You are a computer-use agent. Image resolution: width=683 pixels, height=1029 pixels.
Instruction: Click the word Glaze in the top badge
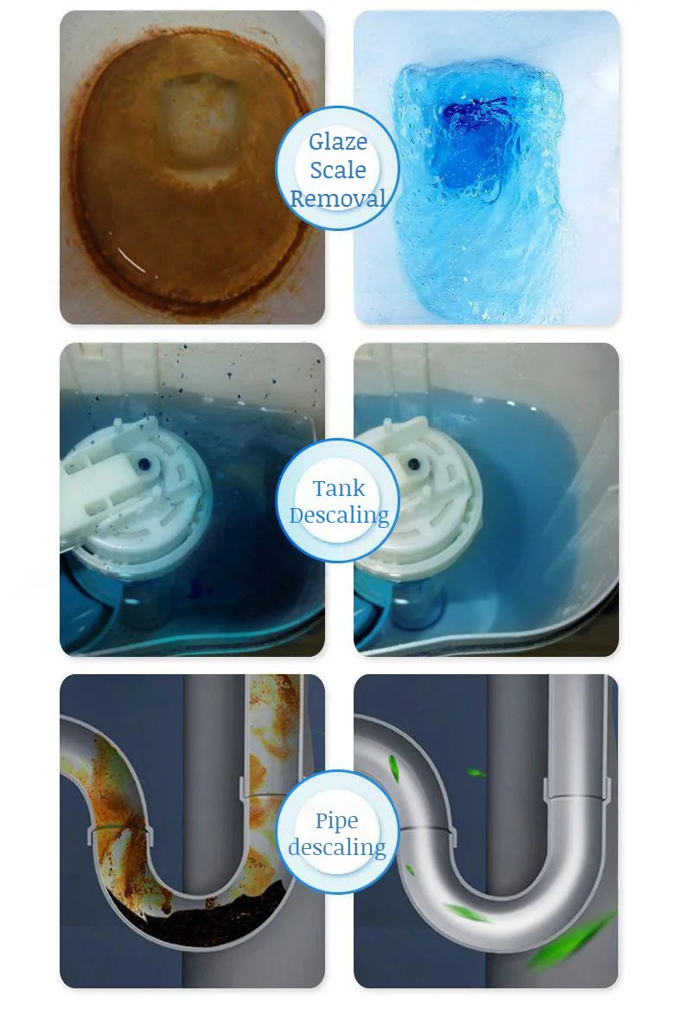click(338, 141)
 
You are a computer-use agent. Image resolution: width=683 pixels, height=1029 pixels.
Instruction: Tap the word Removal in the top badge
click(338, 198)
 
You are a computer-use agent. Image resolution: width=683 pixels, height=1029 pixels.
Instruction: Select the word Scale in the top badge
click(338, 170)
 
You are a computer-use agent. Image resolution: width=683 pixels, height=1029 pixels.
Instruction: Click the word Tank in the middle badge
click(338, 488)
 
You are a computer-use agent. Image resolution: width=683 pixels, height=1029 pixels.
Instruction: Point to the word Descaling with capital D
click(338, 515)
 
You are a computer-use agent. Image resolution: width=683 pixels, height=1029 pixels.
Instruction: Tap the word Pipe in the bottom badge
click(336, 820)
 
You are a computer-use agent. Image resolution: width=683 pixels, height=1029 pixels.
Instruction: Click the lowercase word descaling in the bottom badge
click(336, 846)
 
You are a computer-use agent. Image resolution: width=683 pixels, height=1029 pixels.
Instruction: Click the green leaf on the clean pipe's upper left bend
click(394, 765)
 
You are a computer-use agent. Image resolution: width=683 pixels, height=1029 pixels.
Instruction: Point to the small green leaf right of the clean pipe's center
click(476, 772)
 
